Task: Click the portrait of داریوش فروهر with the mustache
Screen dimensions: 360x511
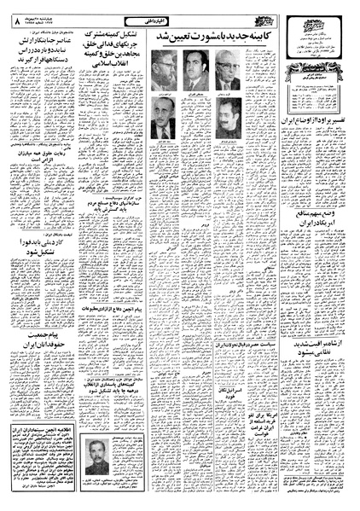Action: (x=225, y=119)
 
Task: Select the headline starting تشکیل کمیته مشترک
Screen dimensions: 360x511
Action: (x=113, y=65)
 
